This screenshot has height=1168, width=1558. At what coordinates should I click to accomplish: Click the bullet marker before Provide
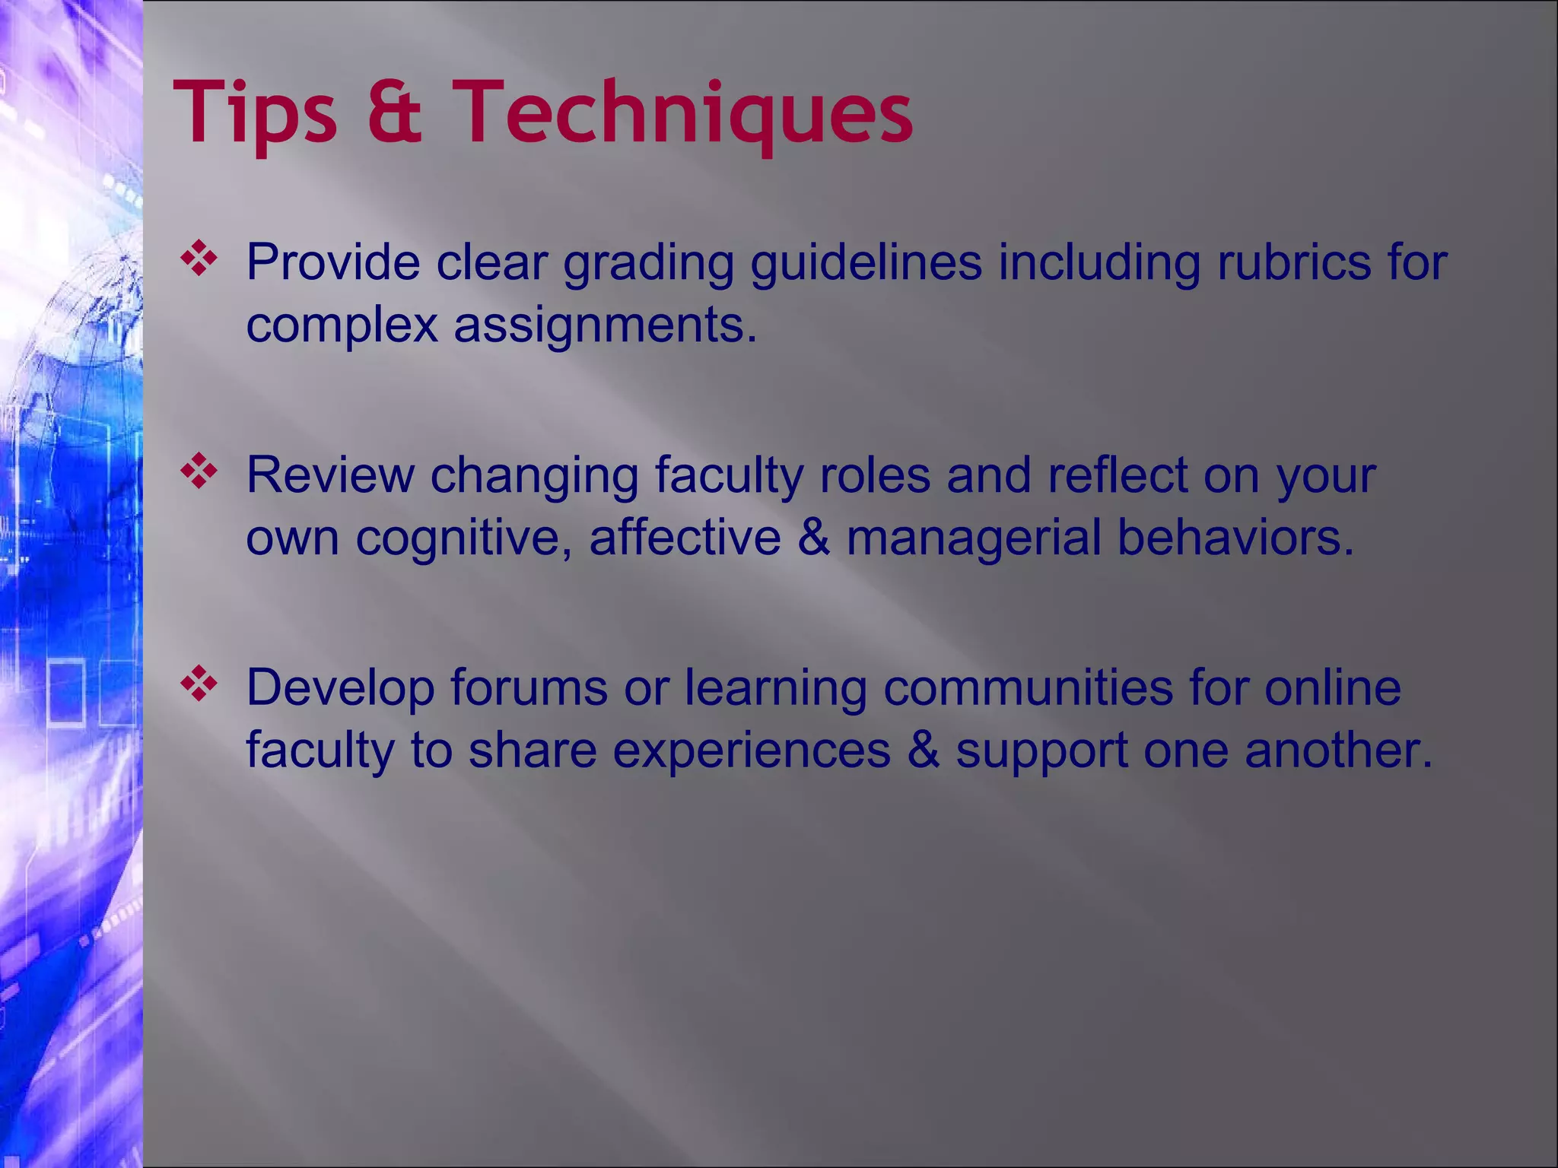(x=199, y=259)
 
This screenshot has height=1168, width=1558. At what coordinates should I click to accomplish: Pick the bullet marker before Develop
(x=199, y=684)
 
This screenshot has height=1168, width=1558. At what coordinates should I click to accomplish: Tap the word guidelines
(x=866, y=262)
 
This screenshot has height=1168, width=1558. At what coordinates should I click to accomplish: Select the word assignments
(x=606, y=325)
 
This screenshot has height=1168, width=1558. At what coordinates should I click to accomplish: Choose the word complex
(x=342, y=325)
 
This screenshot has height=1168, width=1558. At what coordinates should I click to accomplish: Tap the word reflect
(x=1118, y=474)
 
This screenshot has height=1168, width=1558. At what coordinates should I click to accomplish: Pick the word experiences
(x=752, y=751)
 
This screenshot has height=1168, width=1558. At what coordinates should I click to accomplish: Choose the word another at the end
(x=1338, y=751)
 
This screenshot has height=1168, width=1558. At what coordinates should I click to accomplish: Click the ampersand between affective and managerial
(x=814, y=538)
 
